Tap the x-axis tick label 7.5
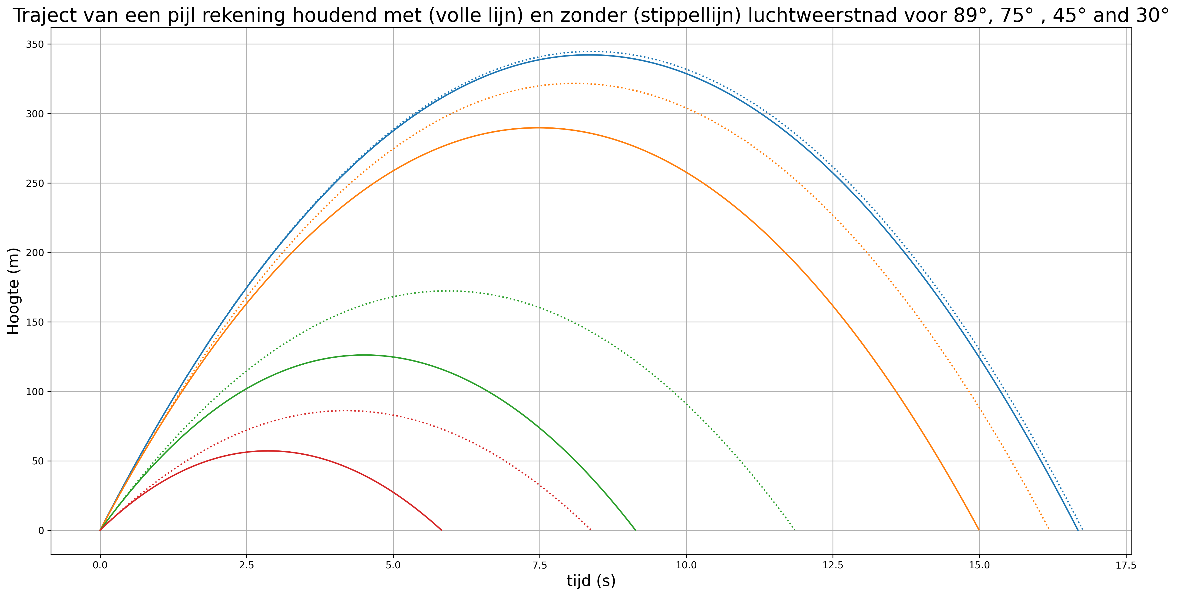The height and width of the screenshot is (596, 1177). (x=540, y=565)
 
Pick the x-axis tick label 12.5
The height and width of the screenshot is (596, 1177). (x=833, y=565)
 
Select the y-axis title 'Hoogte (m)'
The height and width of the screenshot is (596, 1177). (x=14, y=291)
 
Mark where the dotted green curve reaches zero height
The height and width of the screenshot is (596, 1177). (x=795, y=530)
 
